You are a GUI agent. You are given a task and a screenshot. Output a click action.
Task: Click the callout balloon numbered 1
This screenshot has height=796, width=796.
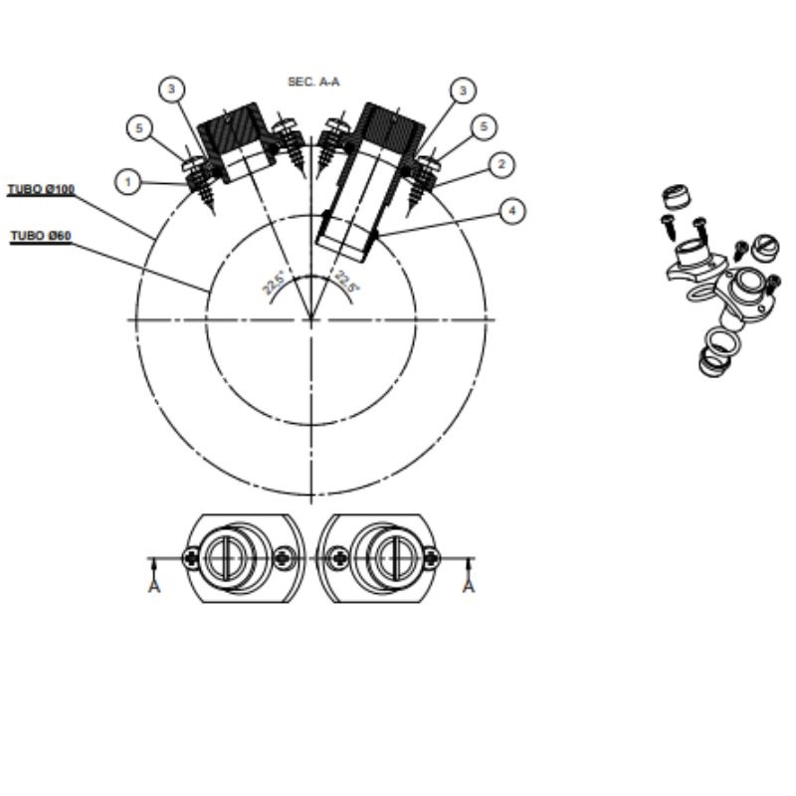click(128, 182)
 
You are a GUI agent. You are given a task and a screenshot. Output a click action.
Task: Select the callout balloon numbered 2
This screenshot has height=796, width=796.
click(501, 164)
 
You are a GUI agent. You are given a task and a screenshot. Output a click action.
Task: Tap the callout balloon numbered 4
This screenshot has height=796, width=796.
click(512, 211)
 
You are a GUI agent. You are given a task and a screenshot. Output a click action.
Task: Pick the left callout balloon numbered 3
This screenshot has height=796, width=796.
click(171, 90)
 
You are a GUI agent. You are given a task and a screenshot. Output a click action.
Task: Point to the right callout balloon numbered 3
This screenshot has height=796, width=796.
click(463, 91)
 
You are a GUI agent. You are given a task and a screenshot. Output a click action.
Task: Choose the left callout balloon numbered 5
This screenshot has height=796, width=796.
click(139, 128)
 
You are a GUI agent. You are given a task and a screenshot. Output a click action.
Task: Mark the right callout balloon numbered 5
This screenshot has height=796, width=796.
click(484, 126)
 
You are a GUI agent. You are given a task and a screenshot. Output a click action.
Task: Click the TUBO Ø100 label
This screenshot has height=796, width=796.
click(41, 189)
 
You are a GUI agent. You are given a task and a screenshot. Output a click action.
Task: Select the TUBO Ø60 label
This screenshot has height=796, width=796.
click(41, 236)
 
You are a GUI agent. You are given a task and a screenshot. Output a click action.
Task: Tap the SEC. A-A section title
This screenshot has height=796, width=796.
click(313, 82)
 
